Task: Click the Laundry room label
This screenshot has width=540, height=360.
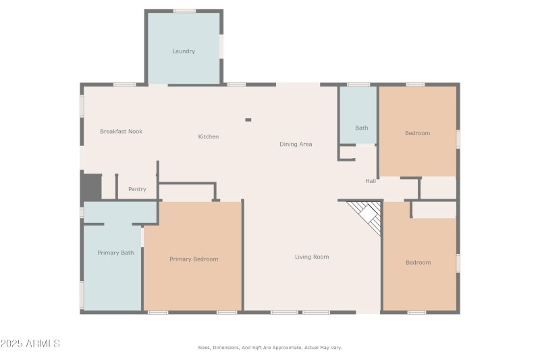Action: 184,51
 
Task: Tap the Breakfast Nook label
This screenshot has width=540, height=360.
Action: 122,131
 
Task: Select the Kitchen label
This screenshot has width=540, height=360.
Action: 209,136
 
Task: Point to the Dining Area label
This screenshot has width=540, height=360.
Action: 296,145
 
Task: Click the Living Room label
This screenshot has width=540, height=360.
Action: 312,257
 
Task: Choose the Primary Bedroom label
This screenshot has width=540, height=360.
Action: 194,259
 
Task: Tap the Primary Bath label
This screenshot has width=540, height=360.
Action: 115,253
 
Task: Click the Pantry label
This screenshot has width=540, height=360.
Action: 137,189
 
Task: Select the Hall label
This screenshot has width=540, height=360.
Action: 371,181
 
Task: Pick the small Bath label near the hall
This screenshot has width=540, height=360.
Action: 362,128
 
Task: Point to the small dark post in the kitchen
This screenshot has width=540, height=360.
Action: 248,120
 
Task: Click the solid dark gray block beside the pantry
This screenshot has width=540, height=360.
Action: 92,186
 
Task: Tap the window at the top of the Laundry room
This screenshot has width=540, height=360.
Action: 184,11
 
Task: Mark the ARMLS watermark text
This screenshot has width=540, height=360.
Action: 30,344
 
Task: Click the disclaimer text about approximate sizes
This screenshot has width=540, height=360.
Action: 269,348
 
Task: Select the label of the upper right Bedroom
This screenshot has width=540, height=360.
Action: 417,133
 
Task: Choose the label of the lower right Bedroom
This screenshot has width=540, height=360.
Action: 418,263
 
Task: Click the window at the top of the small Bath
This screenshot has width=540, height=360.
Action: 358,84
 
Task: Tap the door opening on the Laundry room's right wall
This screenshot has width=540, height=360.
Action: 221,47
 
